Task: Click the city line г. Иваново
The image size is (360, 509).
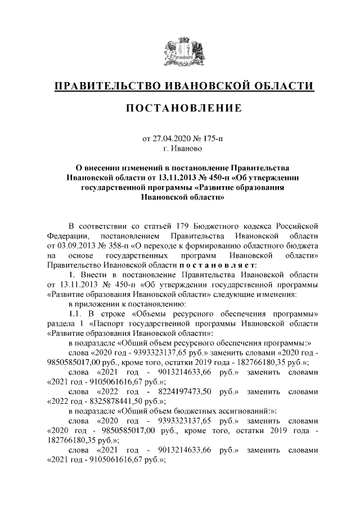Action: click(x=180, y=148)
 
